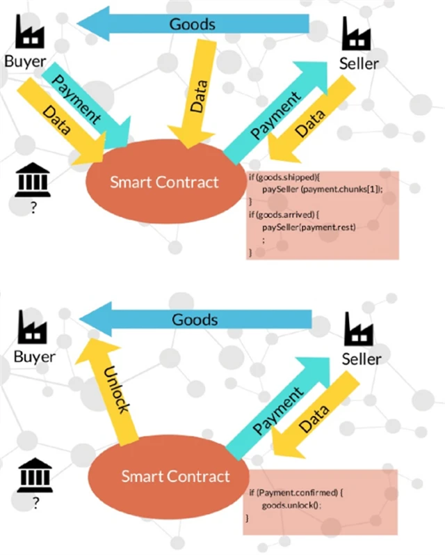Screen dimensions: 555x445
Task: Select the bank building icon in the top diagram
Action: pos(31,182)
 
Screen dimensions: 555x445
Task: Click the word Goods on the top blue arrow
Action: pos(193,24)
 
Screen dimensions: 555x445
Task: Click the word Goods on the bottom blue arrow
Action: pos(195,320)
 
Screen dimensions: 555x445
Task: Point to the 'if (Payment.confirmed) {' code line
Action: pos(296,493)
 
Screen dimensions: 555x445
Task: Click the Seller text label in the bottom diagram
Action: pos(362,359)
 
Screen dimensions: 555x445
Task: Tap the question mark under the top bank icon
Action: pos(32,208)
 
